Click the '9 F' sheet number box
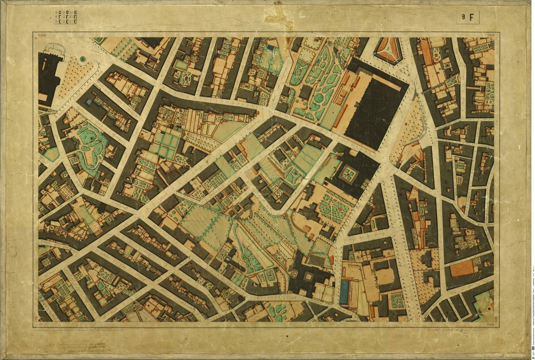pyautogui.click(x=467, y=17)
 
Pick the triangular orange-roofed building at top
pyautogui.click(x=388, y=49)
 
